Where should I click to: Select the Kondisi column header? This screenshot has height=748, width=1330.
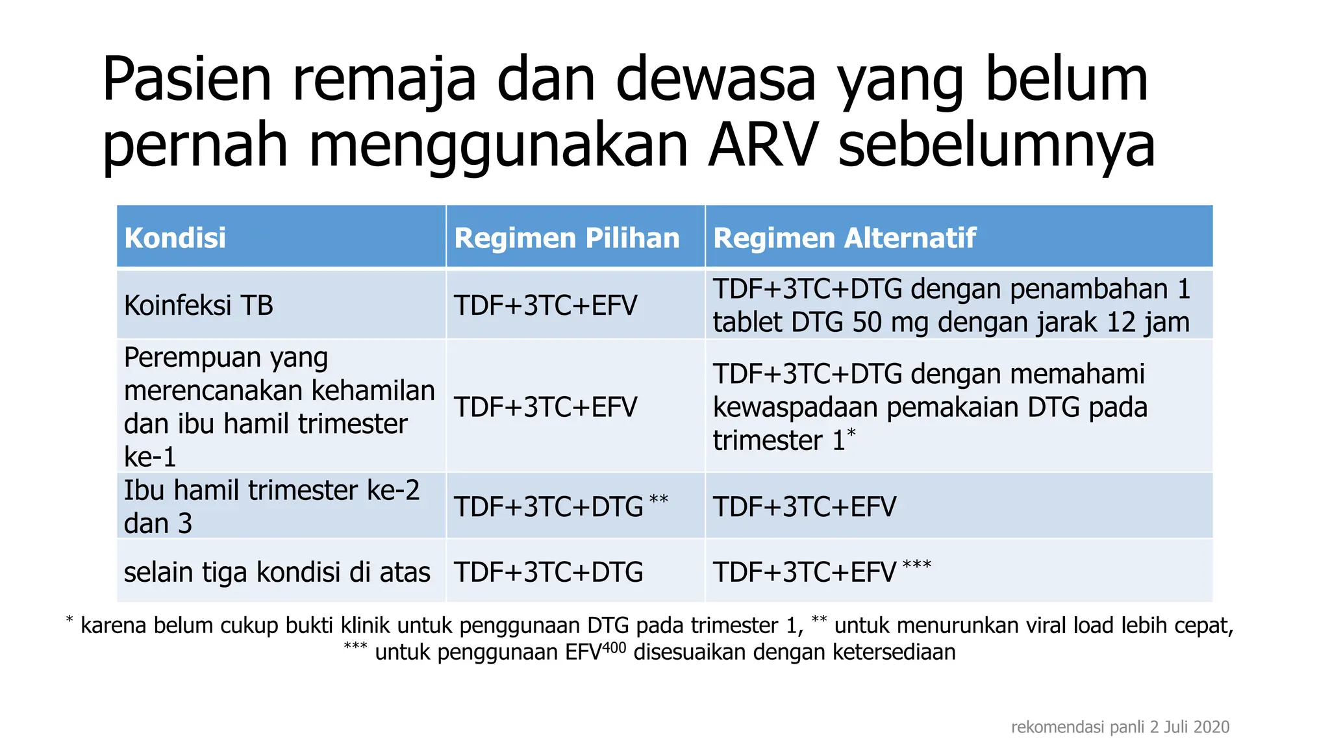(175, 238)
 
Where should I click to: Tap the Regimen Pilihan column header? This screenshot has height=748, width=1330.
(566, 238)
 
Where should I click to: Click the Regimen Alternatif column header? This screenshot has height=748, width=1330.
(844, 238)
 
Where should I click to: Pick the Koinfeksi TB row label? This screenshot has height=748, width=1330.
(198, 305)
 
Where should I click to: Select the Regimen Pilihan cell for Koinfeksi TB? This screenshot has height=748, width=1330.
(545, 305)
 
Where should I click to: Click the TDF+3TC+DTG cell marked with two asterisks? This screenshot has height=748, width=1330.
(549, 506)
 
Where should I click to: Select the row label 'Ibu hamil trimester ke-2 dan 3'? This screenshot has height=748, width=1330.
(271, 506)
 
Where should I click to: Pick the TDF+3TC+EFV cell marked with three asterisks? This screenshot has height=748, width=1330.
(805, 572)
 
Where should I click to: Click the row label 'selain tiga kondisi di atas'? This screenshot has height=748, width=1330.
(277, 572)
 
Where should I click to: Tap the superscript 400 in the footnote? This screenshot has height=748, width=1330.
(614, 647)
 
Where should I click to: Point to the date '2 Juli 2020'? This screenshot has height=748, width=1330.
(1189, 727)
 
